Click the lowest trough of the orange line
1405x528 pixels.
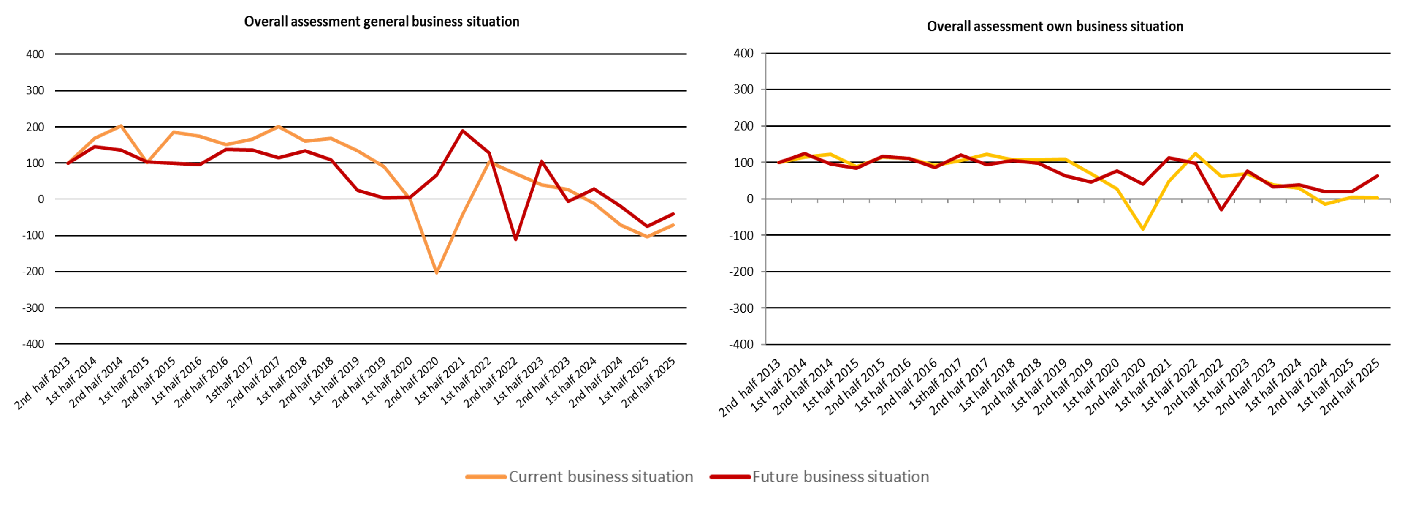click(x=437, y=272)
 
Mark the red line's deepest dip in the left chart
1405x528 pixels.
click(x=515, y=239)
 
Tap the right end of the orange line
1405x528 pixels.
click(x=674, y=225)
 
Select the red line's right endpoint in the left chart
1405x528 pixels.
click(x=674, y=214)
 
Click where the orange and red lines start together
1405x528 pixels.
click(x=68, y=163)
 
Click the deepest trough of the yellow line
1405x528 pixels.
click(x=1143, y=229)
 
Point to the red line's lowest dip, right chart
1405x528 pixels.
click(x=1221, y=210)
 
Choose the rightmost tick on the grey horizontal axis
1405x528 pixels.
click(x=1390, y=201)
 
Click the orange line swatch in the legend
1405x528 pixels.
click(x=486, y=477)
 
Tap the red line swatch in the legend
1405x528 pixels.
click(x=730, y=477)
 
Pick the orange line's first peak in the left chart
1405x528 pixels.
click(x=121, y=125)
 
